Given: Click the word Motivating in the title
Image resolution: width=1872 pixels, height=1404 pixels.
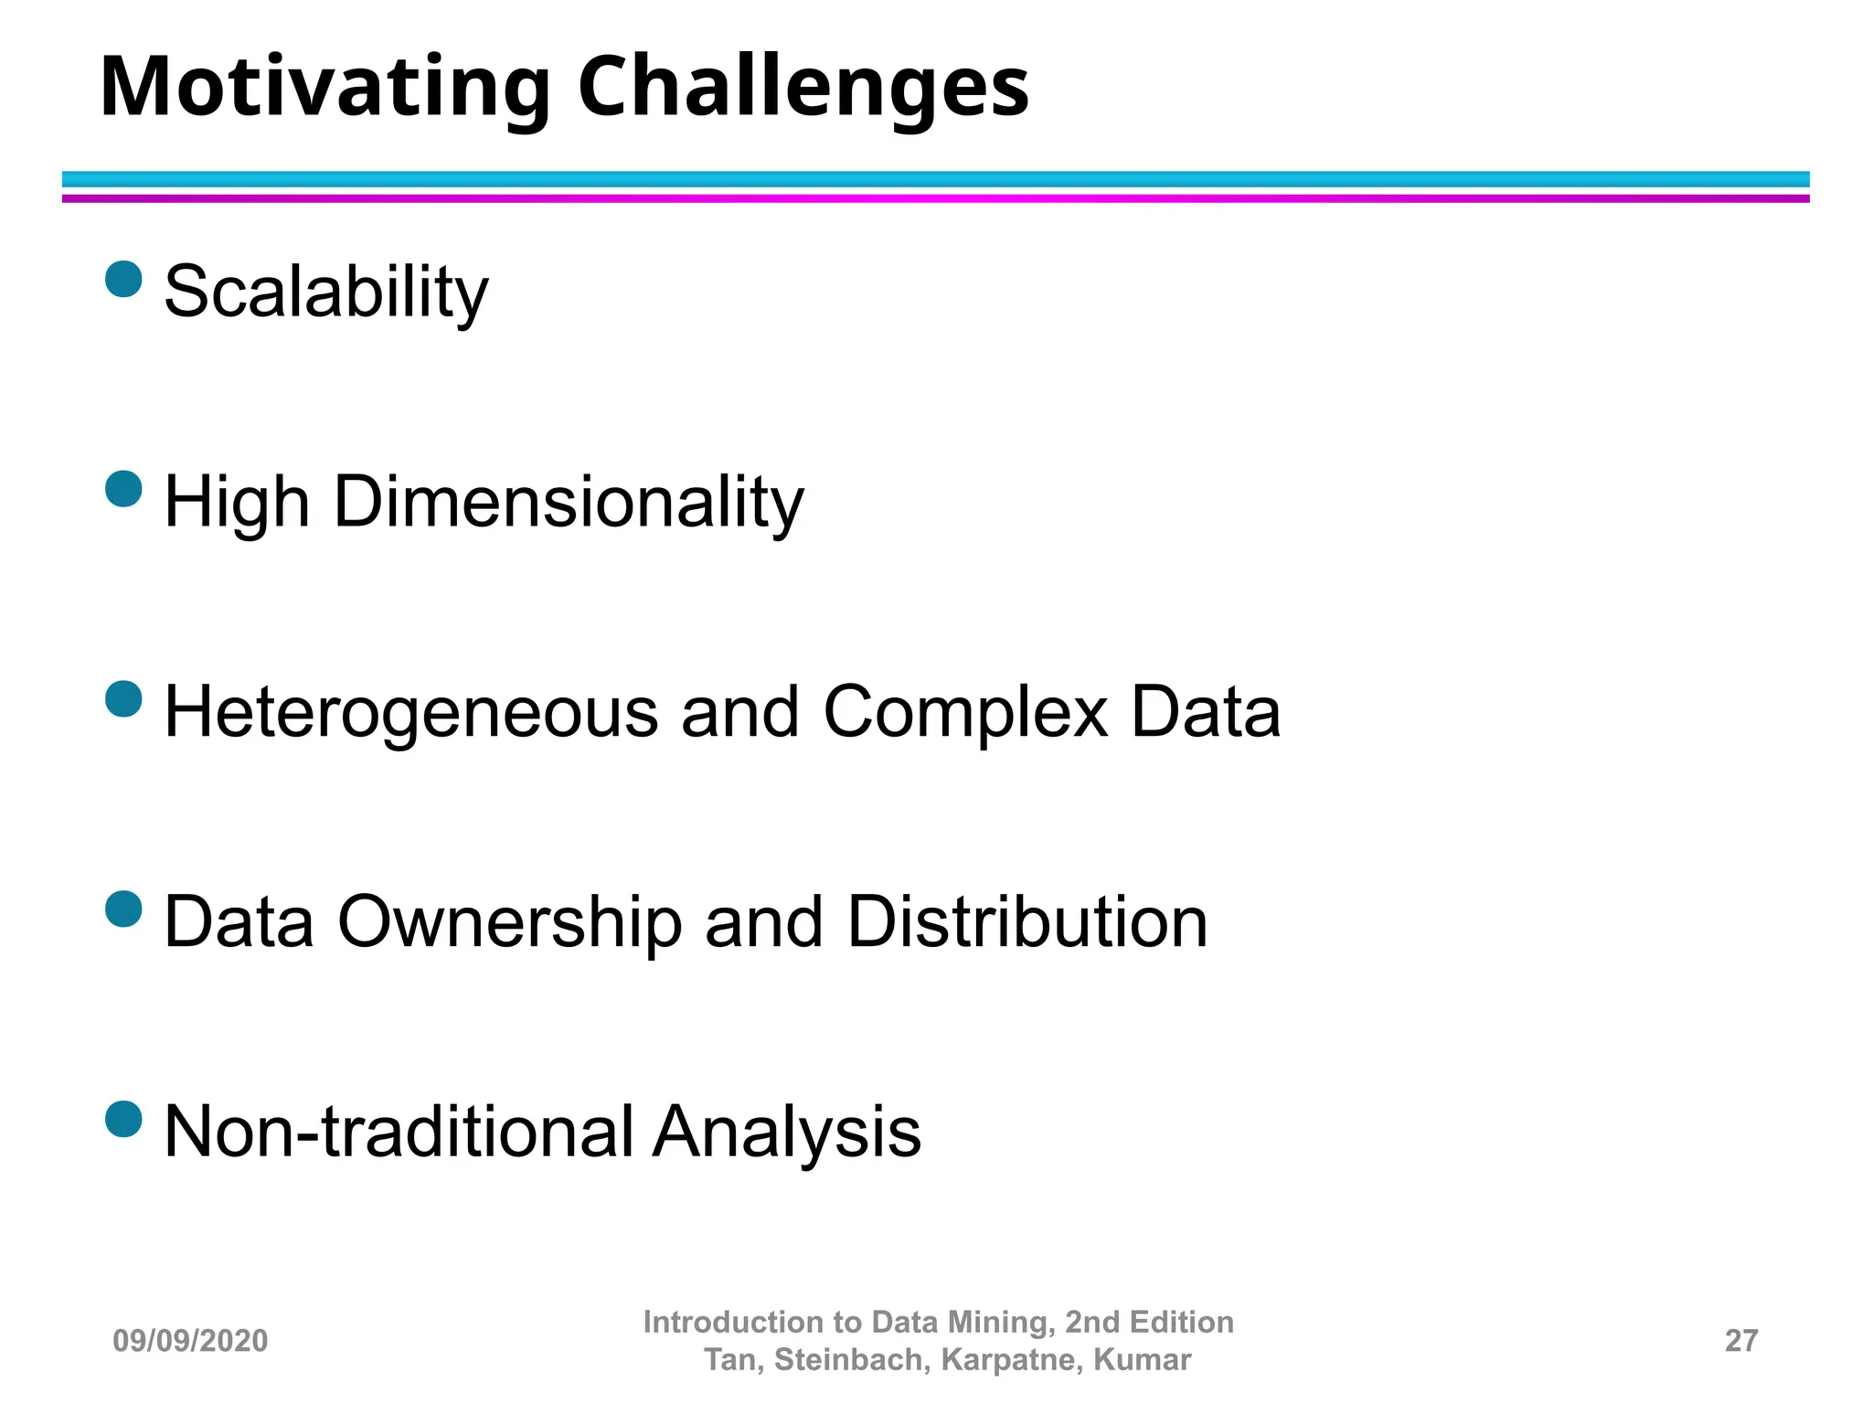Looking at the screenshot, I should click(324, 88).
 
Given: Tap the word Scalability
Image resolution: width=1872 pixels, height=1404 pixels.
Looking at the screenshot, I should click(325, 292).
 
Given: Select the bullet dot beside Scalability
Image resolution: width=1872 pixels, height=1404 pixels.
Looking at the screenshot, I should click(124, 279).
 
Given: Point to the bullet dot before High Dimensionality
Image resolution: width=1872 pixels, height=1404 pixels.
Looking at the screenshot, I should click(124, 489).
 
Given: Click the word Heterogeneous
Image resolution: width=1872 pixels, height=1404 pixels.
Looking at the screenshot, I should click(410, 712).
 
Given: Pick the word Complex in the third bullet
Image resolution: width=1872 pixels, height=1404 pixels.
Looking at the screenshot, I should click(965, 712).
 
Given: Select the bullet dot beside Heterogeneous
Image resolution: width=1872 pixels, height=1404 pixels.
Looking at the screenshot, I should click(124, 699).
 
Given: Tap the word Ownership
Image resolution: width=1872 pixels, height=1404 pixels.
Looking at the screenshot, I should click(509, 921).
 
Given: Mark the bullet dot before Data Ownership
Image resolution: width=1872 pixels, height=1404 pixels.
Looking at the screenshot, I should click(124, 909).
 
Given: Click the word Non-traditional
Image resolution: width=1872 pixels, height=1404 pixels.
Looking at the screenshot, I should click(399, 1132).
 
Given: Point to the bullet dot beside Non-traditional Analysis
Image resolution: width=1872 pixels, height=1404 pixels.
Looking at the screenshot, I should click(124, 1119).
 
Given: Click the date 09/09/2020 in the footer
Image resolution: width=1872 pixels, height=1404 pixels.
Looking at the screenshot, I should click(190, 1341).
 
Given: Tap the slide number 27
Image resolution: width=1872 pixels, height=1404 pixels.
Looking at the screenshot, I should click(1740, 1341).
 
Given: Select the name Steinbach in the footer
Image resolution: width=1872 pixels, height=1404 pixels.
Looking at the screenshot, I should click(851, 1360).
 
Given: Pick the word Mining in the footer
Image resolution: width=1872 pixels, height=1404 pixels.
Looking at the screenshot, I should click(1001, 1322).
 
